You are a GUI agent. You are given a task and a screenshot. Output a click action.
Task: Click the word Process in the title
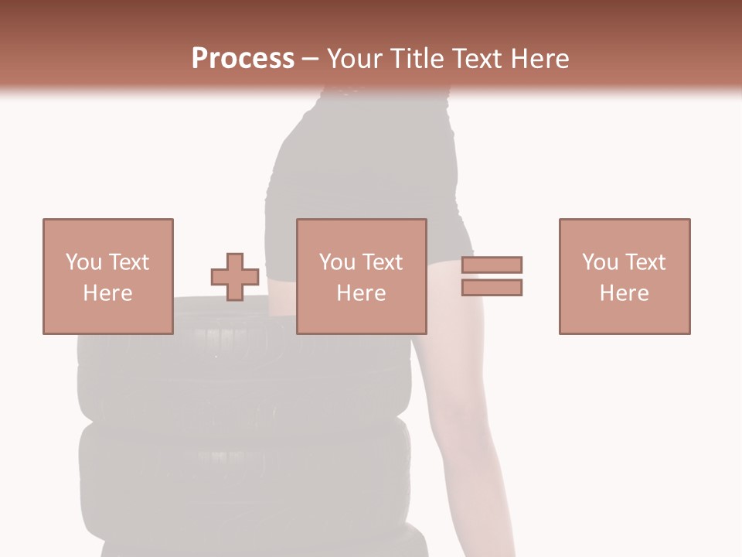(x=243, y=59)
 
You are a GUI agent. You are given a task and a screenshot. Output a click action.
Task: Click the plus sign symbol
(x=235, y=277)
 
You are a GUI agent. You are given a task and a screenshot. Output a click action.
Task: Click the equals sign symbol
(x=492, y=276)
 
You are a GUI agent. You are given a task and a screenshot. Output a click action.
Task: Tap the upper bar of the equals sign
(x=492, y=265)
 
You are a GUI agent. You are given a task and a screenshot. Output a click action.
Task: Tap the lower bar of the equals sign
(x=492, y=287)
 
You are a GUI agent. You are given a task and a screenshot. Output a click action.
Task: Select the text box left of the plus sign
(x=107, y=276)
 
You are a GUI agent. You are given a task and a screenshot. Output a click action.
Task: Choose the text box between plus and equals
(x=361, y=276)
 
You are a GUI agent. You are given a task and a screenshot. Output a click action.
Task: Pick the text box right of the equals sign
(x=624, y=276)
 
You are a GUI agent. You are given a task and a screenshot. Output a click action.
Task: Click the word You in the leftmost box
(x=83, y=262)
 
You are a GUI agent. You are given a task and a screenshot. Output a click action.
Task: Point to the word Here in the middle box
(x=361, y=293)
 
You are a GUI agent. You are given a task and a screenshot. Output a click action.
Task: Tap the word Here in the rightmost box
(x=624, y=293)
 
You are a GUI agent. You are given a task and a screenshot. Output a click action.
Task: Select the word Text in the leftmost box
(x=128, y=262)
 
